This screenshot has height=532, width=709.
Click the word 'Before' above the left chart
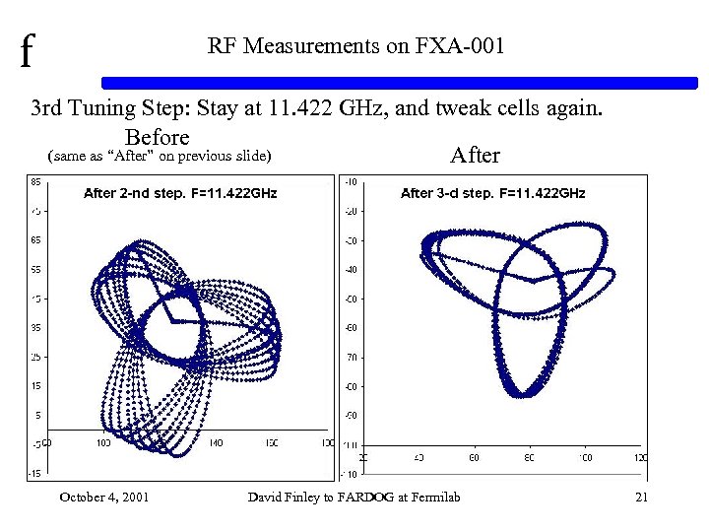pos(157,136)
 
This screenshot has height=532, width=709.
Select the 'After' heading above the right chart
pos(475,155)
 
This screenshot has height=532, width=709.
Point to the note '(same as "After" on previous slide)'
pos(159,156)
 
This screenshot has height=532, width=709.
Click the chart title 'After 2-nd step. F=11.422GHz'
pos(180,193)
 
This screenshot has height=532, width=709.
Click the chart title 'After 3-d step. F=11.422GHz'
pos(492,193)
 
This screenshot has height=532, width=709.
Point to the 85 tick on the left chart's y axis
pos(34,181)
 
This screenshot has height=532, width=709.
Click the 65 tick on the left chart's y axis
pos(34,239)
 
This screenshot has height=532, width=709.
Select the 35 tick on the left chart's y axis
pos(34,327)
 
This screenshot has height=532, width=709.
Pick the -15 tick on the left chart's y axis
pos(34,474)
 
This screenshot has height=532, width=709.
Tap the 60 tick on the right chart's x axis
pos(474,458)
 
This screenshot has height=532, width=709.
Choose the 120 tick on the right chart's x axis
pos(640,458)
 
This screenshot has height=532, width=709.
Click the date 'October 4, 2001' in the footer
pos(104,497)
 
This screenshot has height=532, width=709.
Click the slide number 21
pos(641,497)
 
